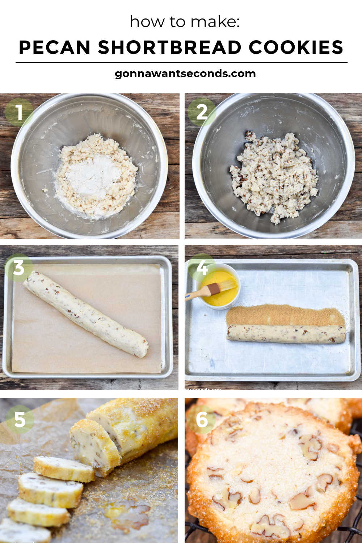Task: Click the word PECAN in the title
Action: point(55,47)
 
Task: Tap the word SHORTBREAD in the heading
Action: point(169,47)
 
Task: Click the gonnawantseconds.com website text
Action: point(185,74)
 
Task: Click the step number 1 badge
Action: point(19,112)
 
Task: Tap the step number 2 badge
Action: point(202,112)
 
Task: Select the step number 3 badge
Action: point(19,268)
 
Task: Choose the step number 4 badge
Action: point(202,268)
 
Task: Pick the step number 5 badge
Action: point(20,420)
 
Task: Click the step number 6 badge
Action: point(202,420)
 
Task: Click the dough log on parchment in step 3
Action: point(85,314)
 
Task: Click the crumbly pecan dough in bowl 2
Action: point(274,177)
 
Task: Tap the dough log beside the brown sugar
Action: point(286,334)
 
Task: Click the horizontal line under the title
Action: point(181,63)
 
